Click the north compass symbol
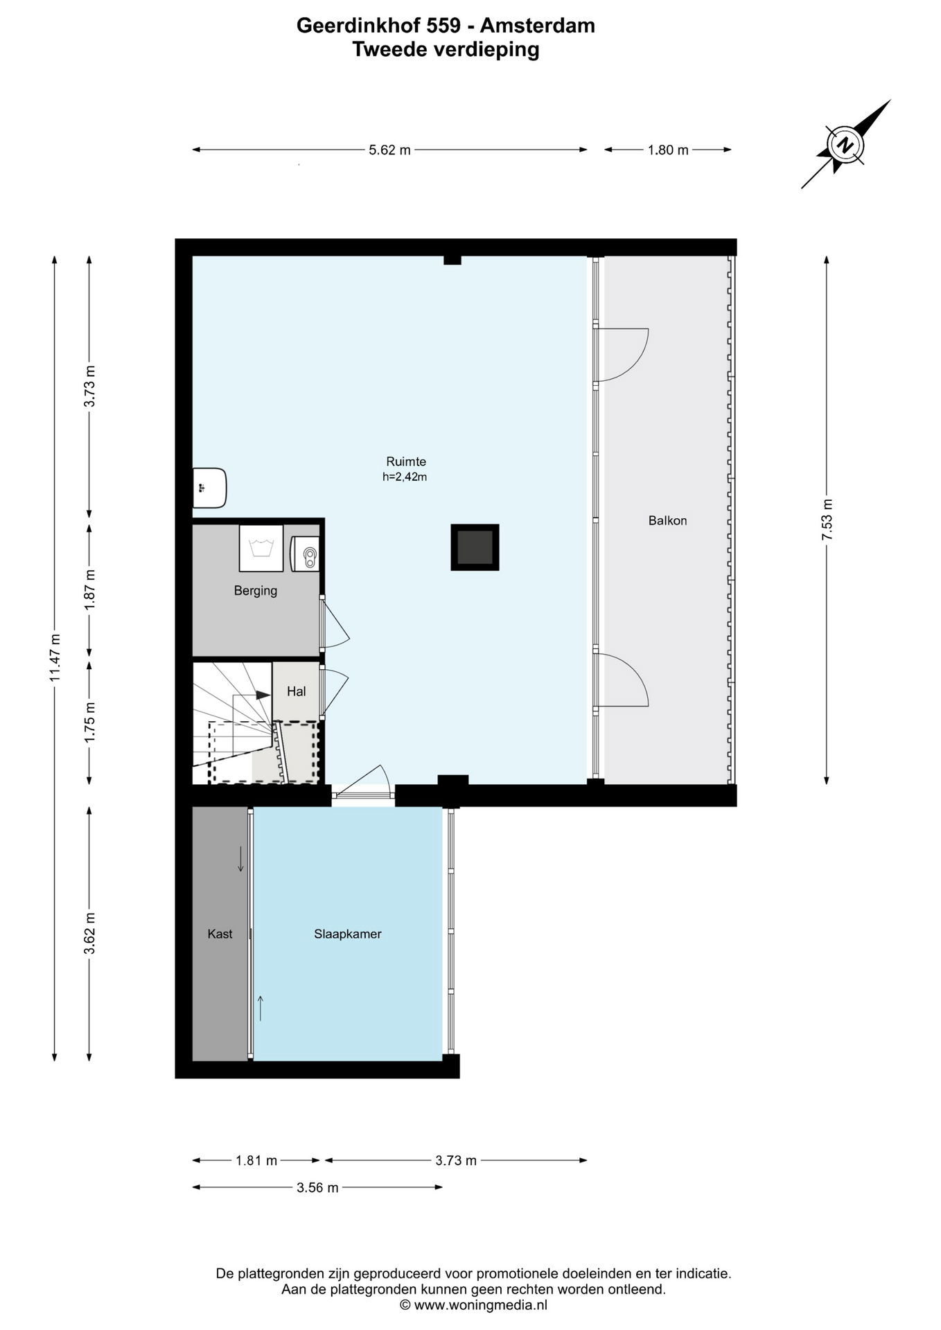845,145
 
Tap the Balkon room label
667,520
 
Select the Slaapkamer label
348,934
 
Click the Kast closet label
220,934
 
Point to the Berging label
256,591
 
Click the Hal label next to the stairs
296,691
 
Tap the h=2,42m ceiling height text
405,477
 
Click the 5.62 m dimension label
389,150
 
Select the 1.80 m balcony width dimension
668,150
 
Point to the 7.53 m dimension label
827,520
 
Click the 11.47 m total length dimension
55,658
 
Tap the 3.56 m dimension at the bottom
317,1188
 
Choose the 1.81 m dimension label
256,1160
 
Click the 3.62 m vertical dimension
89,933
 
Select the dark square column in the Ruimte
475,547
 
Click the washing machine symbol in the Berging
261,548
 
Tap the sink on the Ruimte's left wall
209,488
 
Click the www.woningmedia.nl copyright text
474,1305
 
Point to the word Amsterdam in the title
537,26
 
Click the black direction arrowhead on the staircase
263,694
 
